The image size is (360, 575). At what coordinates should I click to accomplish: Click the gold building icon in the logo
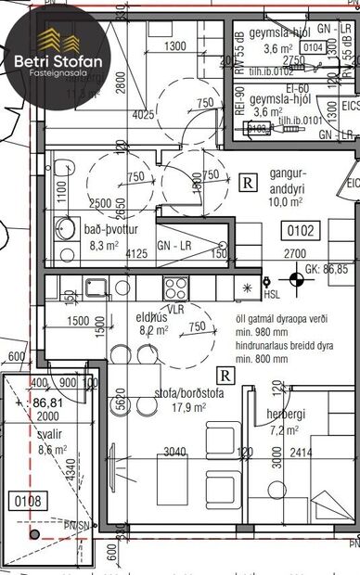tap(58, 38)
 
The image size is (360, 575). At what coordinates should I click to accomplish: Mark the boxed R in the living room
tap(225, 375)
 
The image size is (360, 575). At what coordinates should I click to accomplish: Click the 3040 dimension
tap(174, 454)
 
